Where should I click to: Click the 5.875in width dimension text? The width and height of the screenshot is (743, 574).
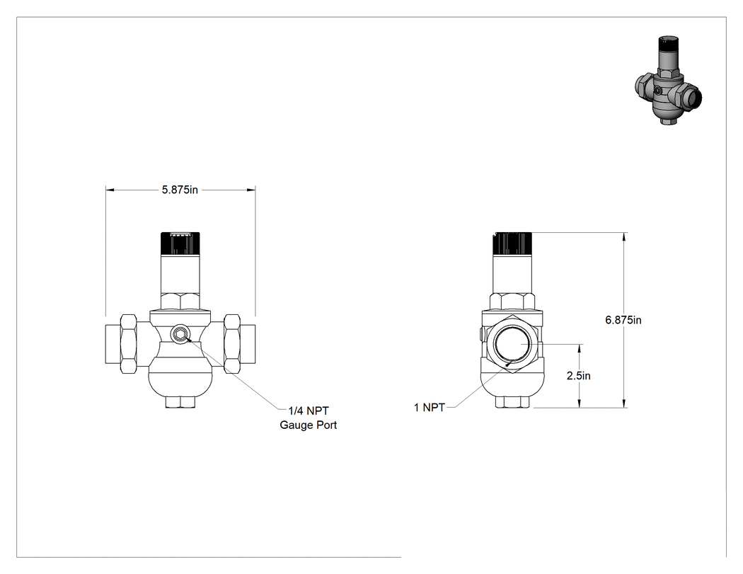coord(180,190)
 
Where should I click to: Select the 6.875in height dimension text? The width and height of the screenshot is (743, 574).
coord(623,320)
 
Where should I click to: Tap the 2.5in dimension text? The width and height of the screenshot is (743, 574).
coord(579,376)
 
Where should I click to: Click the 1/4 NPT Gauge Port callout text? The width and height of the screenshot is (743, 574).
coord(308,418)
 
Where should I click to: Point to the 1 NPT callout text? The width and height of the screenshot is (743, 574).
coord(430,408)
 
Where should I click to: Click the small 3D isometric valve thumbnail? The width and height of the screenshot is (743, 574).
coord(668,80)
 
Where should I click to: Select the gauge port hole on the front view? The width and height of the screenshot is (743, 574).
coord(180,335)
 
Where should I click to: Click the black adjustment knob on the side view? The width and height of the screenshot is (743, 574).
coord(513,243)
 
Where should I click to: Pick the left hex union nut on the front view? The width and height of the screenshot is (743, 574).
coord(129,343)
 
